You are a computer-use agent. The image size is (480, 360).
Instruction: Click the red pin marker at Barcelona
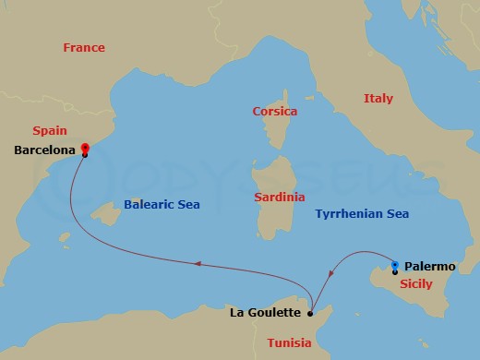(84, 147)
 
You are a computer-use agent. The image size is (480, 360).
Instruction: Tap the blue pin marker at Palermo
(395, 266)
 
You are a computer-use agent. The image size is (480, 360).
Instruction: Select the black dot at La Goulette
(310, 313)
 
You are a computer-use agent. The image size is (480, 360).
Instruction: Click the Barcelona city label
(45, 150)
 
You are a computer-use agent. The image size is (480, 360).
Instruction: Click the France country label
(84, 47)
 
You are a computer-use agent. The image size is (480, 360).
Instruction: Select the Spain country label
(49, 131)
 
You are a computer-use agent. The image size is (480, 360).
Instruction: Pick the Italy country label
(378, 98)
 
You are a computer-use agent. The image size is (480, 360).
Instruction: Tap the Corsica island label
(275, 112)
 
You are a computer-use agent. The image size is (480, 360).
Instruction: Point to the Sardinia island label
(280, 198)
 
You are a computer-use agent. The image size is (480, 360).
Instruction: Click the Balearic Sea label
(162, 204)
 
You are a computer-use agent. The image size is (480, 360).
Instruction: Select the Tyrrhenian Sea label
(362, 213)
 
